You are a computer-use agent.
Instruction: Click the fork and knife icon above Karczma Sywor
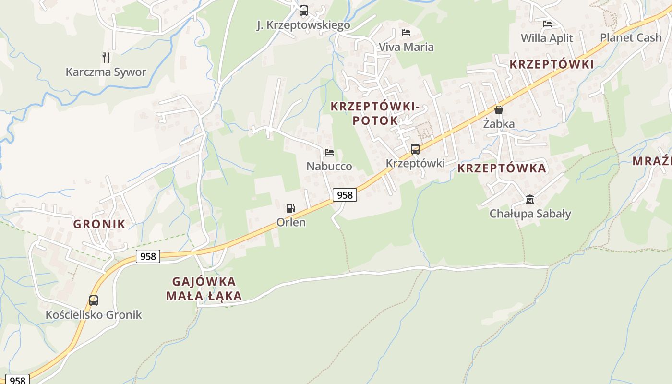[x=106, y=58]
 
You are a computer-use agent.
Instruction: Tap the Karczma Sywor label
[x=106, y=72]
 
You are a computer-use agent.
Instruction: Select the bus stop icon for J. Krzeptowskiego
[x=303, y=11]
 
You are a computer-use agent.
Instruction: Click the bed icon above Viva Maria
[x=406, y=33]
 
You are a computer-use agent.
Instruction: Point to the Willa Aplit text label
[x=547, y=38]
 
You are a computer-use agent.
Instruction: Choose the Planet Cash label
[x=631, y=37]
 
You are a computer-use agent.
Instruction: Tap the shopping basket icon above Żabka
[x=499, y=110]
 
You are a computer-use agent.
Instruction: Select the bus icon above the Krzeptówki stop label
[x=415, y=149]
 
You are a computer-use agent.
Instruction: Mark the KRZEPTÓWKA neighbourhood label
[x=502, y=168]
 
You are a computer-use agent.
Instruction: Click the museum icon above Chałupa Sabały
[x=530, y=199]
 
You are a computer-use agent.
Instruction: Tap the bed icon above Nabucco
[x=329, y=152]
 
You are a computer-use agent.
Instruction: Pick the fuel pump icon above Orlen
[x=290, y=208]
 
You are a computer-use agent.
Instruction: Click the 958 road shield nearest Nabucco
[x=345, y=194]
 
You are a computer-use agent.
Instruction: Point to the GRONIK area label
[x=99, y=224]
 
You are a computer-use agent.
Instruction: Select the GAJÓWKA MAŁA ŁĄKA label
[x=204, y=288]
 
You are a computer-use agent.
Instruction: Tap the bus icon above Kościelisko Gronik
[x=94, y=300]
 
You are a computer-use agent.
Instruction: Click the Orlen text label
[x=291, y=223]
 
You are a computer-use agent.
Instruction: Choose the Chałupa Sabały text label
[x=530, y=214]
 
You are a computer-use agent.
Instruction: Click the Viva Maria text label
[x=406, y=47]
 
